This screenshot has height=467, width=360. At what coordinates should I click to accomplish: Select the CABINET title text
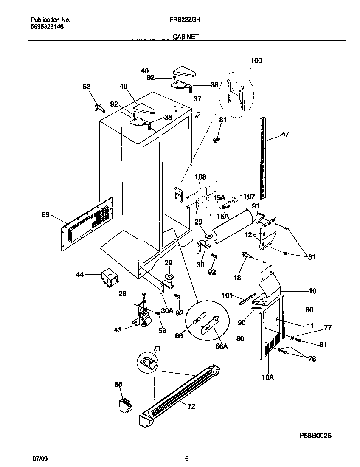[x=186, y=37]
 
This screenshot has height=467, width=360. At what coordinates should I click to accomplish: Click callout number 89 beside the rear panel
[x=45, y=215]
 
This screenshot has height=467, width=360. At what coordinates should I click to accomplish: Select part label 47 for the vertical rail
[x=285, y=135]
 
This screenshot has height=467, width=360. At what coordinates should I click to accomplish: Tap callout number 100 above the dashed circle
[x=256, y=60]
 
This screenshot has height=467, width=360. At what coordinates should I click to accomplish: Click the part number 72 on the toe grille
[x=191, y=406]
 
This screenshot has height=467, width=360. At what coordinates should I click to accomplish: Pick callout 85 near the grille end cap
[x=118, y=384]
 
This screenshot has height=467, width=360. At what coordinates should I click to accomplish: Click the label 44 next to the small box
[x=80, y=275]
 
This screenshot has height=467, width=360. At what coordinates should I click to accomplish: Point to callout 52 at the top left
[x=86, y=87]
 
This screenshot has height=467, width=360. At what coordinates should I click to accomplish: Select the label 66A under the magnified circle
[x=222, y=346]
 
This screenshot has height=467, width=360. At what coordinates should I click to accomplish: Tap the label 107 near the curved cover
[x=249, y=197]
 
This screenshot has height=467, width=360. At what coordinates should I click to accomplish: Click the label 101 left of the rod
[x=228, y=295]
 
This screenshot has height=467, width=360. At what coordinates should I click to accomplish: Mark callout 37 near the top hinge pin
[x=197, y=99]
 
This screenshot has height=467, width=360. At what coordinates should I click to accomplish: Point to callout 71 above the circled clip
[x=157, y=348]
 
